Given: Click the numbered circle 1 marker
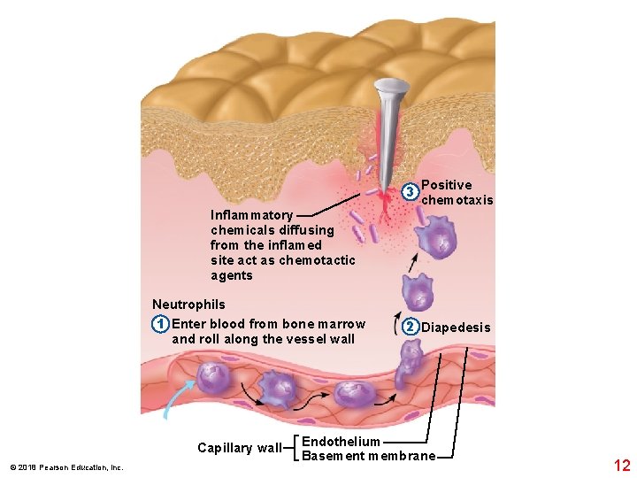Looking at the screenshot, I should click(159, 324).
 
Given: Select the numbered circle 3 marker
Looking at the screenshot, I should click(410, 192).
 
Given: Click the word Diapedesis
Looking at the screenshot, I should click(456, 328).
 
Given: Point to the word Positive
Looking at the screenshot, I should click(447, 185).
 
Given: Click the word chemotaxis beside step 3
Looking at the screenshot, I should click(457, 200).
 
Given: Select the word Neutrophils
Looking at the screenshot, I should click(188, 305).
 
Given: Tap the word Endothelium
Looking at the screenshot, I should click(341, 441).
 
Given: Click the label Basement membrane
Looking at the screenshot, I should click(368, 456).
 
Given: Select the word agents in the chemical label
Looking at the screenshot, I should click(232, 275).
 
